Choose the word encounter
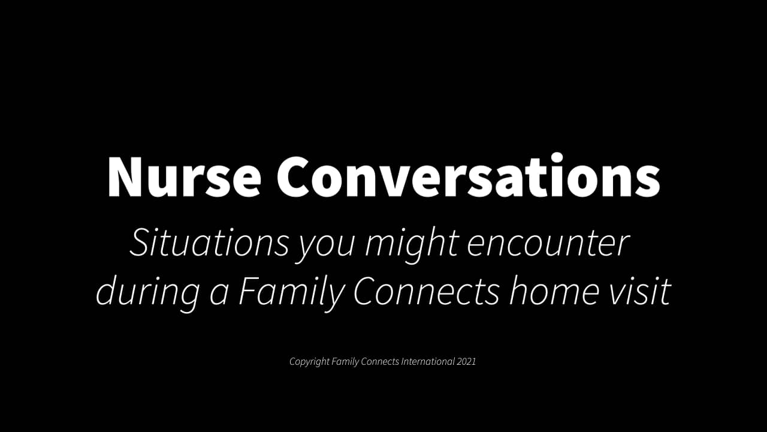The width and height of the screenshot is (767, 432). point(548,244)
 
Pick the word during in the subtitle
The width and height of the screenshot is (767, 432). point(147,292)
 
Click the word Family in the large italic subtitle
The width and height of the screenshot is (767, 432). point(292,293)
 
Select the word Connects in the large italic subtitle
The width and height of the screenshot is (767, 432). point(426,292)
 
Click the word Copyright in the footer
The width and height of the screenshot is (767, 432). point(309,362)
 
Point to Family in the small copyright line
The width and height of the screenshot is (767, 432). point(345,362)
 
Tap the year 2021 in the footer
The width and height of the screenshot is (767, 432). point(466,362)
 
